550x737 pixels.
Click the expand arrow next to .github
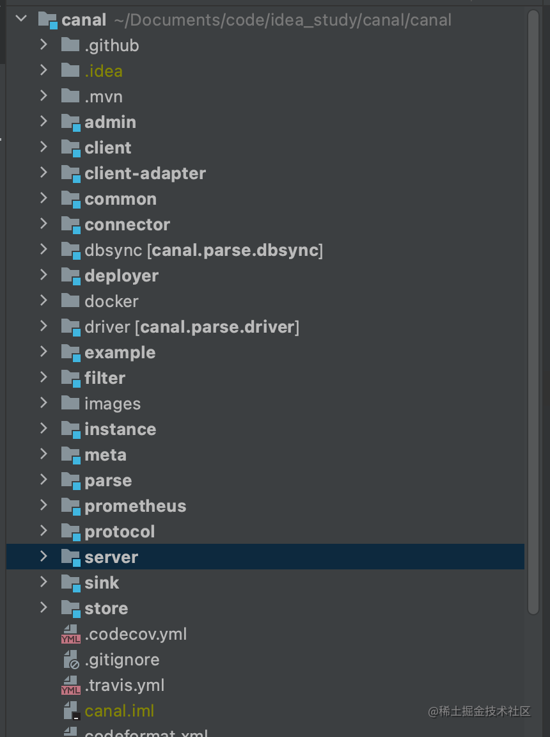point(43,45)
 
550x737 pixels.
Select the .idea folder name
point(104,71)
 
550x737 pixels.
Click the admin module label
point(110,122)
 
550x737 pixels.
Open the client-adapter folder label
point(145,173)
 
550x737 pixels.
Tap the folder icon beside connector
point(70,225)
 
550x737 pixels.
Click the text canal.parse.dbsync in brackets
point(235,250)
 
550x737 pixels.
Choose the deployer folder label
point(122,276)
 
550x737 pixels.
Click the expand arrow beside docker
point(43,301)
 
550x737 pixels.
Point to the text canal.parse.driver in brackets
point(217,327)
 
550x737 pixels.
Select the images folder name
point(113,404)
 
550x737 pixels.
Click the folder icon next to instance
point(70,429)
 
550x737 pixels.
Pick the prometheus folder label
point(136,506)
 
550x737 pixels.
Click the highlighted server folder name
point(111,557)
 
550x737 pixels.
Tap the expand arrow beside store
point(43,608)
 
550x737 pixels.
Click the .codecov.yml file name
point(136,634)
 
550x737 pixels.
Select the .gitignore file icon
point(70,660)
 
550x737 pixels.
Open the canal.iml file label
point(120,711)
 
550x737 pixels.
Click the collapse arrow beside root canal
point(22,19)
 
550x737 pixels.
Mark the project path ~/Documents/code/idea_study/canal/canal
point(283,20)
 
